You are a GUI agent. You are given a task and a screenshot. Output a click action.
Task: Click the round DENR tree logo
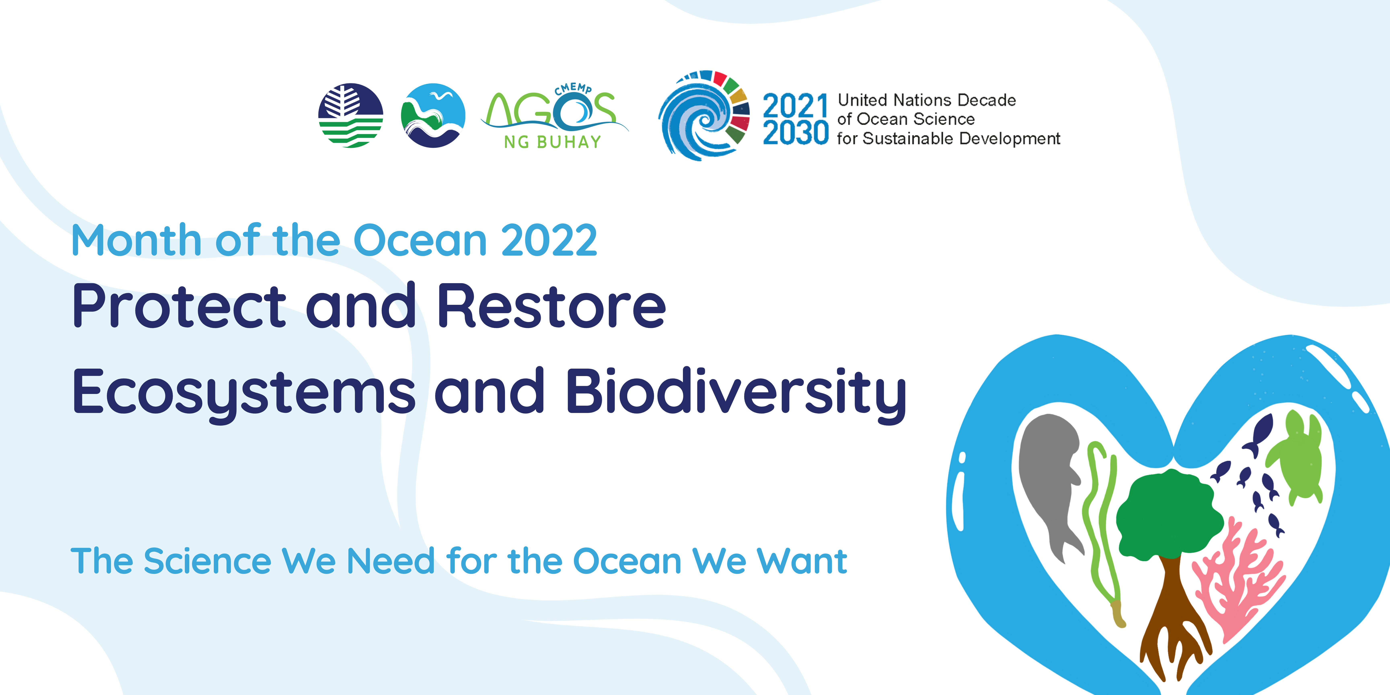click(351, 115)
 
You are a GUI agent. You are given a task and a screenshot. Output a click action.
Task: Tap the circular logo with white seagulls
click(433, 115)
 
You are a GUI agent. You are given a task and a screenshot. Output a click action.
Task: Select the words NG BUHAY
click(553, 142)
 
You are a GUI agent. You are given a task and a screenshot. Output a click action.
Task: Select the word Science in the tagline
click(208, 561)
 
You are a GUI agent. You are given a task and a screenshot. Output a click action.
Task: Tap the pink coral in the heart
click(1236, 580)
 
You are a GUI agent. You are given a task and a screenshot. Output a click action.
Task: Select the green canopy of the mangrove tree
click(1168, 515)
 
